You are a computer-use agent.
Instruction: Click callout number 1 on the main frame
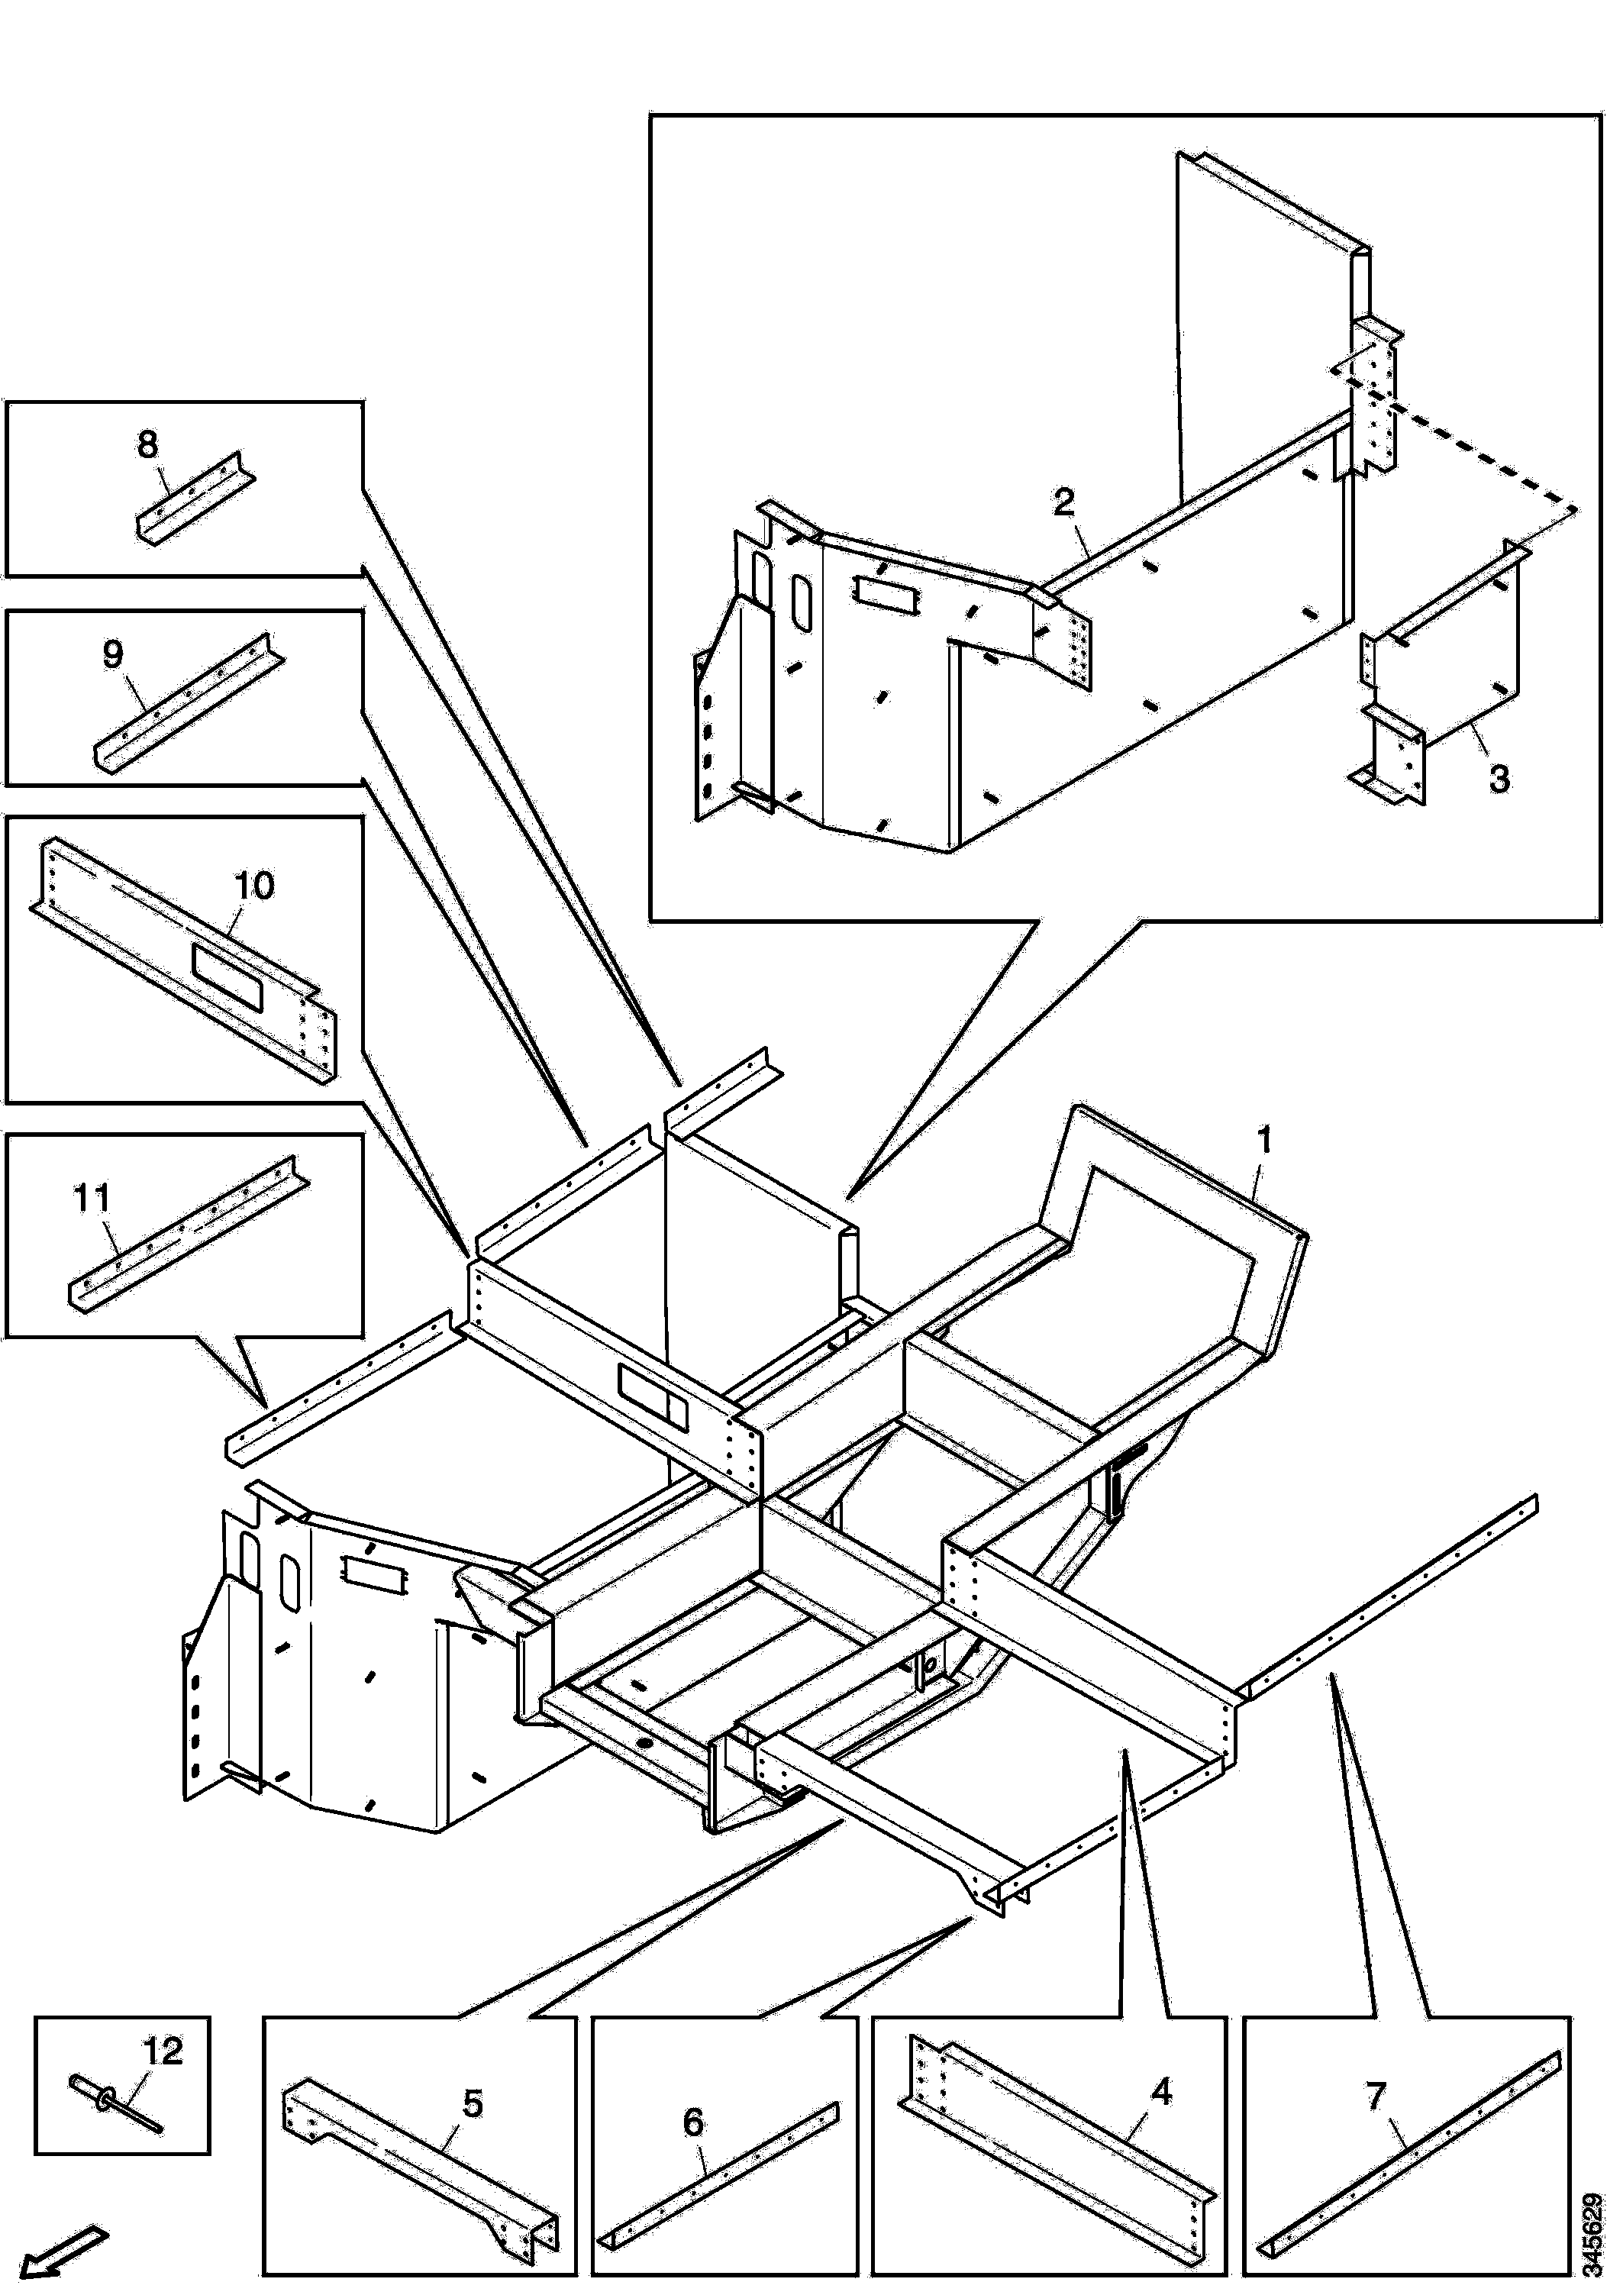pyautogui.click(x=1263, y=1141)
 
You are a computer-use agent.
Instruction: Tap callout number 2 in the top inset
pyautogui.click(x=1064, y=502)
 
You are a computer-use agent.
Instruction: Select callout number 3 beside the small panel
pyautogui.click(x=1499, y=779)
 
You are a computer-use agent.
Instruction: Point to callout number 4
pyautogui.click(x=1160, y=2091)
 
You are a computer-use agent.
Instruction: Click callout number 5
pyautogui.click(x=473, y=2103)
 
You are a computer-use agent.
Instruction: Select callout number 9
pyautogui.click(x=113, y=655)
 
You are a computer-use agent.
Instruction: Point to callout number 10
pyautogui.click(x=254, y=886)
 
